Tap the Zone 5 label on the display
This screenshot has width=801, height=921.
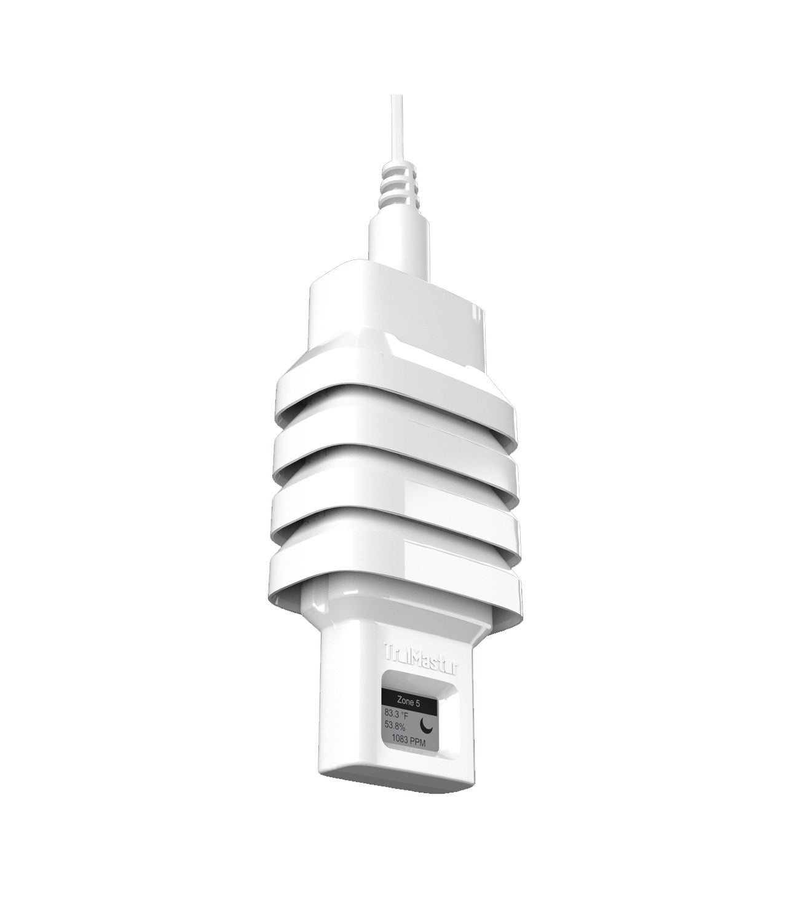[x=409, y=700]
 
